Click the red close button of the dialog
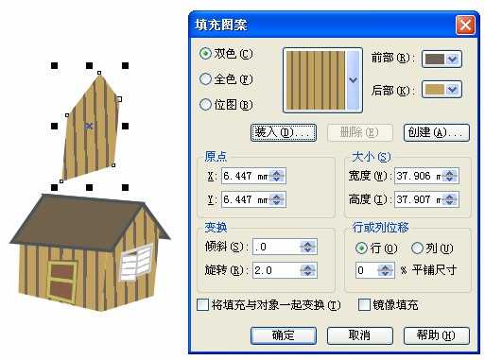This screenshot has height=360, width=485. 463,26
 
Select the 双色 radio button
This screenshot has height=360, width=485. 205,54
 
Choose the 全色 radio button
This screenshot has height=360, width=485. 205,79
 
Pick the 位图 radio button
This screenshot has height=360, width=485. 205,105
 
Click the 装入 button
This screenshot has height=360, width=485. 283,133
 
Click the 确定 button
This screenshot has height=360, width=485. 283,334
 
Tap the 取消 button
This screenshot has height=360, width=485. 359,334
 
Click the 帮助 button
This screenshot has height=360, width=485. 436,334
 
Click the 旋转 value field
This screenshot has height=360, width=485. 261,271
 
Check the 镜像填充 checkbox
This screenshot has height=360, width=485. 365,305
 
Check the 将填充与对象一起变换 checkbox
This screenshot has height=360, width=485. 202,305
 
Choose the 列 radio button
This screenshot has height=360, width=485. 418,248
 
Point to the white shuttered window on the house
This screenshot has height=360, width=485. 135,262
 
